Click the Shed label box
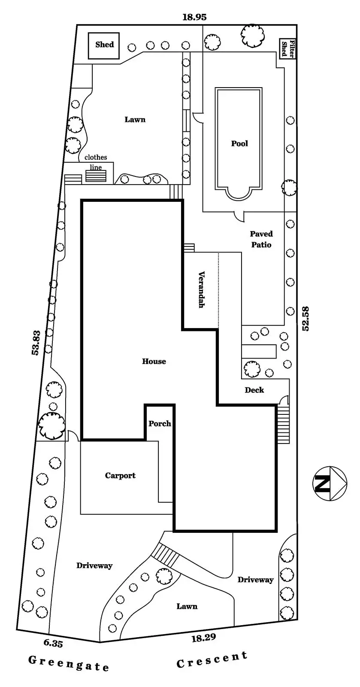[x=104, y=45]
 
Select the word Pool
[x=239, y=143]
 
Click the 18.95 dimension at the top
[x=194, y=17]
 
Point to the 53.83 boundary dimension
[x=36, y=342]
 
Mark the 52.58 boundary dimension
[x=306, y=318]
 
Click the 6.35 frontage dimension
[x=53, y=643]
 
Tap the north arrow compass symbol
[x=330, y=483]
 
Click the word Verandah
[x=201, y=289]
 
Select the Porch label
[x=160, y=423]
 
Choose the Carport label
[x=120, y=475]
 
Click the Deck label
[x=254, y=390]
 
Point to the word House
[x=154, y=361]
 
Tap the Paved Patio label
[x=261, y=239]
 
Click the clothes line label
[x=96, y=162]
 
